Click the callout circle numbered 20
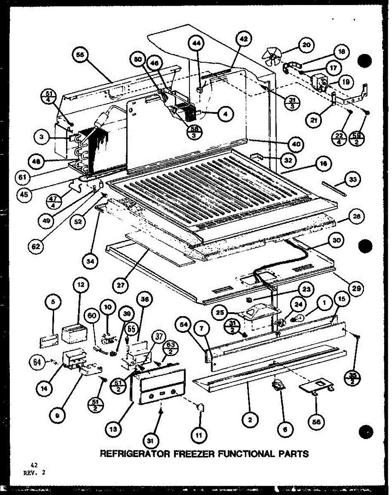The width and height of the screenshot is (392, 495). (x=306, y=45)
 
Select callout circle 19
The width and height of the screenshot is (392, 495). (x=346, y=82)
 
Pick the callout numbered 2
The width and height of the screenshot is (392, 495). (x=250, y=420)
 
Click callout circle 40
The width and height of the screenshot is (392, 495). (x=297, y=144)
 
